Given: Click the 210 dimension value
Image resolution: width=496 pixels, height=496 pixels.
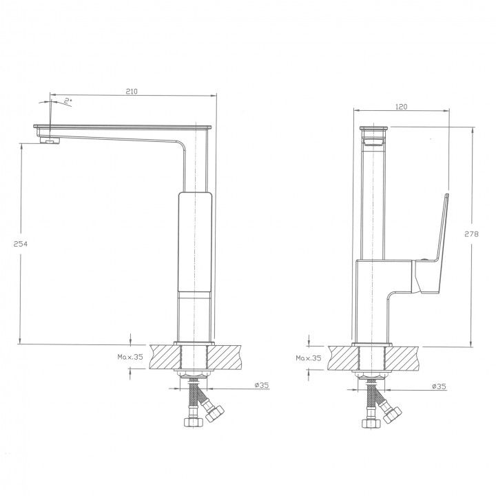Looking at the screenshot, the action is point(132,92).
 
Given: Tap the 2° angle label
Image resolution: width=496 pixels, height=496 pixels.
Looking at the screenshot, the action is point(68,101).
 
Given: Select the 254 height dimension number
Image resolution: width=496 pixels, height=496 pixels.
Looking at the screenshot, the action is point(20,244).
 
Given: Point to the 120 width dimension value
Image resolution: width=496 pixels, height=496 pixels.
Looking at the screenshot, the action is point(401,107).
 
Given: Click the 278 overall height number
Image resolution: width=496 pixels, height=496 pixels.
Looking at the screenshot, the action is point(471,234).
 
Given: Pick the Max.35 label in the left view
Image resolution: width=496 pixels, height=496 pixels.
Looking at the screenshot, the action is point(130,357).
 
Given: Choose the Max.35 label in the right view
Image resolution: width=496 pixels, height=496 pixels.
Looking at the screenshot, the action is point(309,358).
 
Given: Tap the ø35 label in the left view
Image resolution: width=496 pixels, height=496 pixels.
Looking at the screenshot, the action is point(262,385).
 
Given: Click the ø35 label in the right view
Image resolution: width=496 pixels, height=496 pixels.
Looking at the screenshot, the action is point(439,386).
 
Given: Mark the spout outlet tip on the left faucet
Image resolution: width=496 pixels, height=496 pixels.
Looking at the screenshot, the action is point(50,140).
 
